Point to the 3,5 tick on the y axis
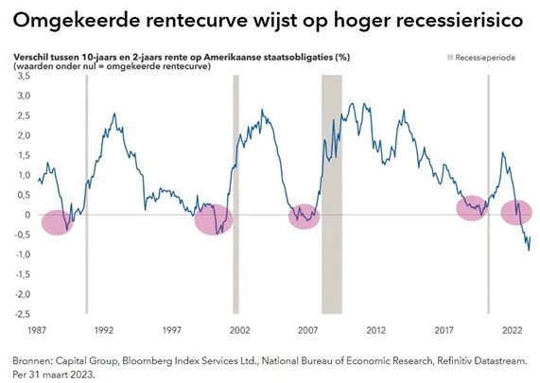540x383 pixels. point(23,77)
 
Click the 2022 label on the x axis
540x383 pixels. point(512,331)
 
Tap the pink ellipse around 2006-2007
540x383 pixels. point(304,217)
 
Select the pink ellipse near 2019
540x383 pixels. point(473,208)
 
